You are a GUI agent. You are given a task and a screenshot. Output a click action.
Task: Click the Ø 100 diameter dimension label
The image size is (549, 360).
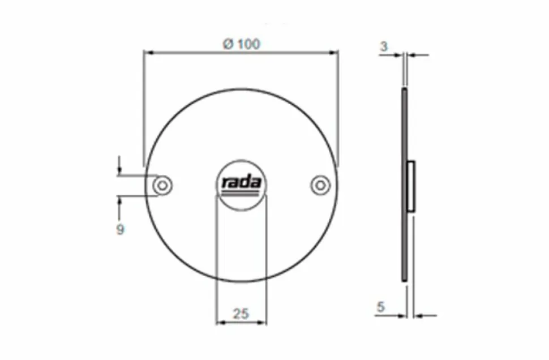pos(242,44)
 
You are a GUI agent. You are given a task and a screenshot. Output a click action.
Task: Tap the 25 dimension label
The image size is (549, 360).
pos(241,314)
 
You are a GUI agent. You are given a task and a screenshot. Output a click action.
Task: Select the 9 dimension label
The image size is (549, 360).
pos(120,230)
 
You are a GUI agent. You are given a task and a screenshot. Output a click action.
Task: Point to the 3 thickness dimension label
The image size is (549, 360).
pos(384,46)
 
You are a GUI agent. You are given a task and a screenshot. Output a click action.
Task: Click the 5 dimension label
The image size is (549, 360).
pos(380,307)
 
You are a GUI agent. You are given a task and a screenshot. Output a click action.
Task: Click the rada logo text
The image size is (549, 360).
pos(242,182)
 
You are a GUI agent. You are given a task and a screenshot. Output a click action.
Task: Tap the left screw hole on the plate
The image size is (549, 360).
pos(162,185)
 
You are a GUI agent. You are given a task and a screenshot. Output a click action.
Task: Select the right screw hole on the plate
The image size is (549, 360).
pos(320,185)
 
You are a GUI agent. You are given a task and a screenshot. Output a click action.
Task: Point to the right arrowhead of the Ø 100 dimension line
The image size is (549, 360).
pos(333,53)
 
